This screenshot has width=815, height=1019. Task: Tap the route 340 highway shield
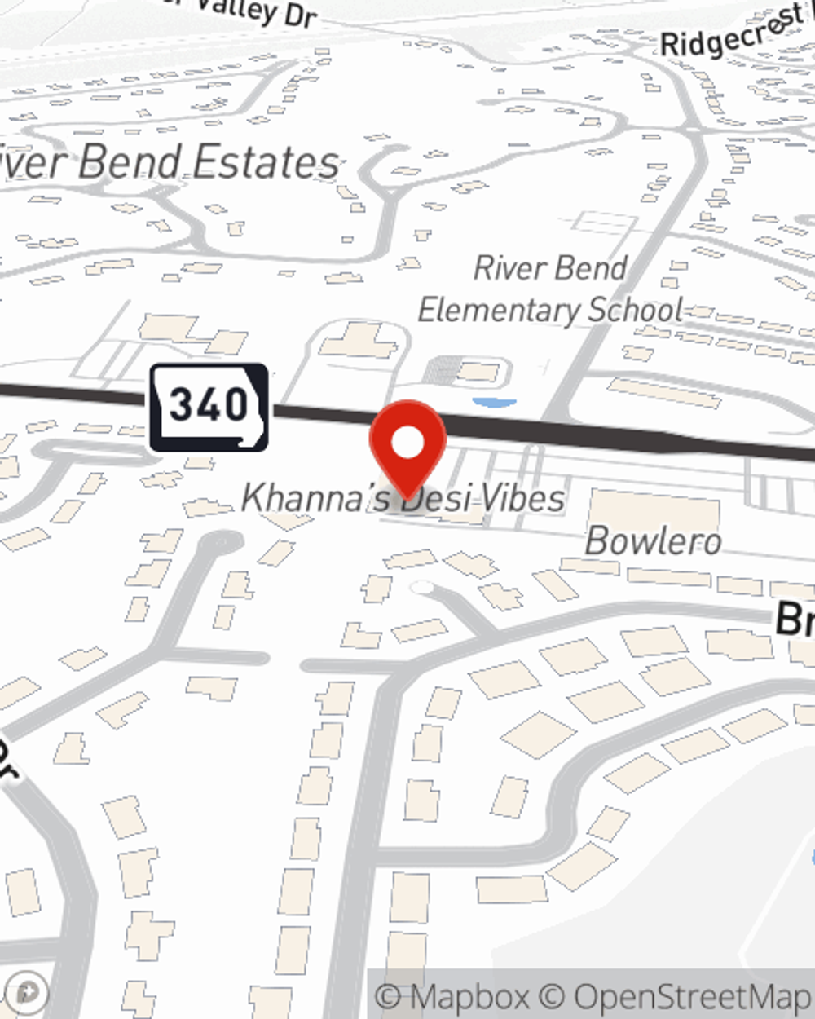pyautogui.click(x=209, y=407)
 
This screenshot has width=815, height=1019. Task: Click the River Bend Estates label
pyautogui.click(x=167, y=161)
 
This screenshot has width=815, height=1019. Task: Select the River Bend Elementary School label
pyautogui.click(x=551, y=289)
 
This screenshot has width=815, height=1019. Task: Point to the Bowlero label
pyautogui.click(x=654, y=541)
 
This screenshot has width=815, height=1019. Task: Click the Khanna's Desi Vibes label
pyautogui.click(x=403, y=498)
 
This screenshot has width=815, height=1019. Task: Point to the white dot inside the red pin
pyautogui.click(x=407, y=443)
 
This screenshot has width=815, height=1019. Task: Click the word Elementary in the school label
pyautogui.click(x=499, y=311)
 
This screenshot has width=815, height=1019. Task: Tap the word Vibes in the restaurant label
pyautogui.click(x=522, y=498)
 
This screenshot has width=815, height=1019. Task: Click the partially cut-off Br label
pyautogui.click(x=795, y=620)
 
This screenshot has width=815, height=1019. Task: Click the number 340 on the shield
pyautogui.click(x=209, y=405)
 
